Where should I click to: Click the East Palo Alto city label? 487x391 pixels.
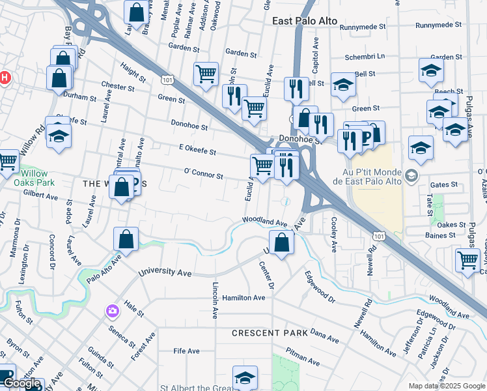(305, 21)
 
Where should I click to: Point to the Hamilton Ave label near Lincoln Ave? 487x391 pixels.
(244, 298)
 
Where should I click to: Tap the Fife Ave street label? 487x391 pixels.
(186, 351)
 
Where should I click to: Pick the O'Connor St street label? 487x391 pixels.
(204, 175)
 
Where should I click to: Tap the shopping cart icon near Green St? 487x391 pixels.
(206, 74)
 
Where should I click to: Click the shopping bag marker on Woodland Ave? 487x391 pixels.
(281, 242)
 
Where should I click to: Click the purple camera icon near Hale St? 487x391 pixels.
(113, 311)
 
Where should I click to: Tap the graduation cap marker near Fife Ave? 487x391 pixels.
(245, 377)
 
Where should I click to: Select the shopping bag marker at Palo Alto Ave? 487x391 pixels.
(126, 239)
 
